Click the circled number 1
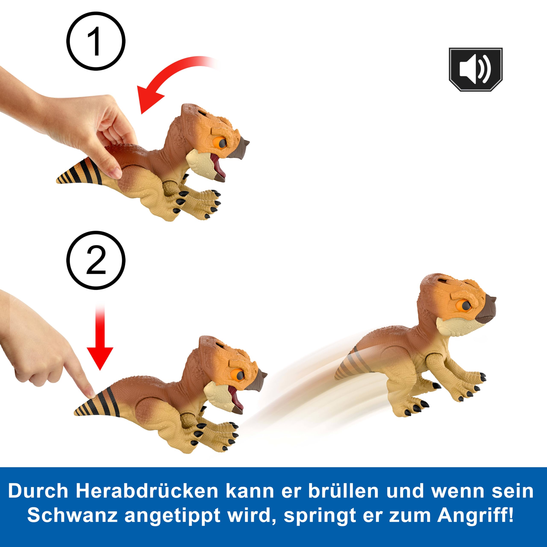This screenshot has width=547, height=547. click(96, 41)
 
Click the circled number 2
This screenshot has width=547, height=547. click(96, 260)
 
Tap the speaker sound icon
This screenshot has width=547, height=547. click(476, 69)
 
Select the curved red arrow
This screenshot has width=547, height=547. click(167, 76)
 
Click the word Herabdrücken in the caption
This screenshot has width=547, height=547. click(147, 491)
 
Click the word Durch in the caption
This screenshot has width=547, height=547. click(38, 491)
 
